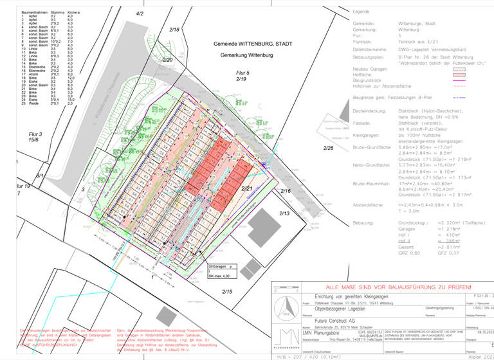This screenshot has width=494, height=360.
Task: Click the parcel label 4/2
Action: click(x=140, y=14)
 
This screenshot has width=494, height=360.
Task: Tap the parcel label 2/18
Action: click(x=174, y=30)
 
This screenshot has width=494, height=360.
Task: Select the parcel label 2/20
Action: click(x=169, y=60)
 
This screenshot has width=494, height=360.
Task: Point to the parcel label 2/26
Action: click(x=329, y=148)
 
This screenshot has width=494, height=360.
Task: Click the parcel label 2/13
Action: click(x=284, y=213)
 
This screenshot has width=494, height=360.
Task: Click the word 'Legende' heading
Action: click(x=362, y=12)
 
